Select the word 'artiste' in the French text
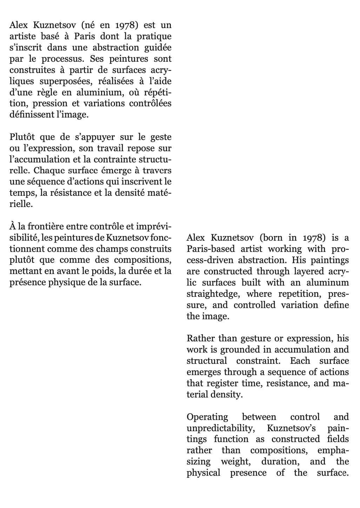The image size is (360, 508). pos(22,36)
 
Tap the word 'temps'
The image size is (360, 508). pos(21,193)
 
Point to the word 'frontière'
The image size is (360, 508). pos(42,227)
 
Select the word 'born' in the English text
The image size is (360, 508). pos(272,238)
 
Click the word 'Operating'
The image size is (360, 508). pos(207,417)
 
